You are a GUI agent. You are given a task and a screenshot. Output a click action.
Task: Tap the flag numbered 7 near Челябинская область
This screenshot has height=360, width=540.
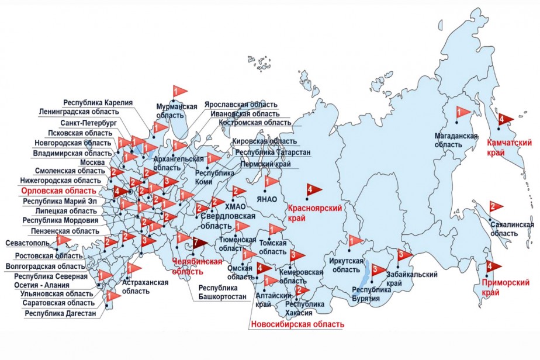[x=200, y=243]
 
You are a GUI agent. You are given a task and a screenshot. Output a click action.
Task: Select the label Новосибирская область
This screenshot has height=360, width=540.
[x=296, y=324]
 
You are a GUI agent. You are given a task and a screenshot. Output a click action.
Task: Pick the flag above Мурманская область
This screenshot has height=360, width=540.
[x=179, y=91]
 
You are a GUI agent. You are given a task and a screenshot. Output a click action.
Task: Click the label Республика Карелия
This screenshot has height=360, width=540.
[x=98, y=102]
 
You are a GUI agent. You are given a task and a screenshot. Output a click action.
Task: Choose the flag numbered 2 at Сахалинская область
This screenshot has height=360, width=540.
[x=496, y=207]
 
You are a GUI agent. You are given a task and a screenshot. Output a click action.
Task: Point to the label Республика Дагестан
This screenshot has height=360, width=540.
[x=60, y=314]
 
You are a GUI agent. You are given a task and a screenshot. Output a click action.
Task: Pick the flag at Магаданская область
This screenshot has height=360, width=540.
[x=463, y=111]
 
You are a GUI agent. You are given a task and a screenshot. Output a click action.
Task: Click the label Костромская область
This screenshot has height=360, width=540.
[x=255, y=123]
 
